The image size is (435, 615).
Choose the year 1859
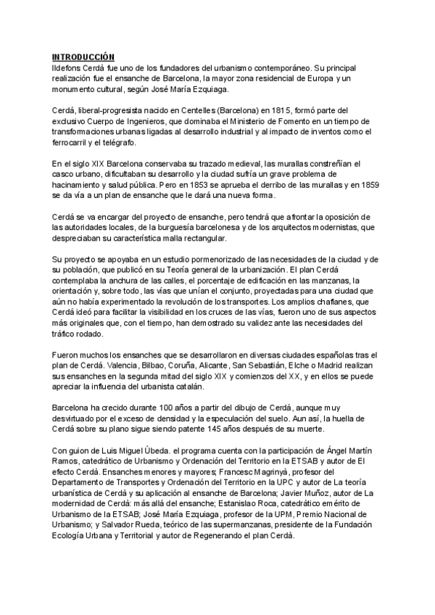click(368, 186)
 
